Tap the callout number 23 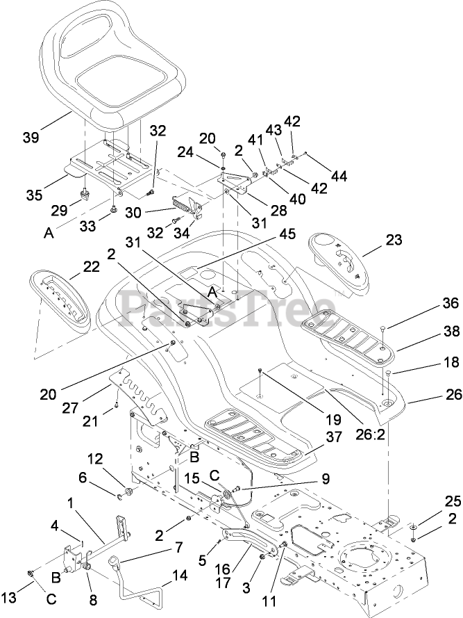click(x=394, y=240)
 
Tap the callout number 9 click(x=325, y=478)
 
